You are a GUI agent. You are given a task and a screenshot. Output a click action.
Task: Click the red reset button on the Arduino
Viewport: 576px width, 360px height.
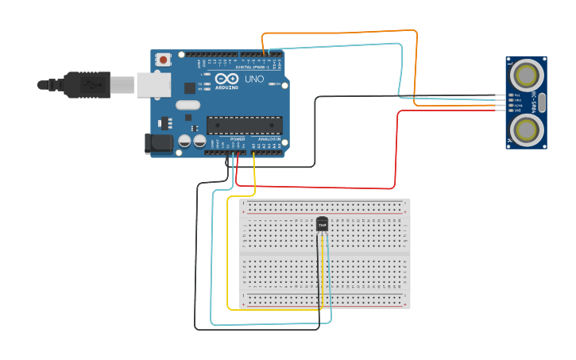[164, 60]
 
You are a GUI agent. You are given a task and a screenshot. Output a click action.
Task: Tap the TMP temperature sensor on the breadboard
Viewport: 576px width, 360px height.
[322, 225]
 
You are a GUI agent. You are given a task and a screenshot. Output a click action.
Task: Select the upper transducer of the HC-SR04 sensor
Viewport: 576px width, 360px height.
[526, 75]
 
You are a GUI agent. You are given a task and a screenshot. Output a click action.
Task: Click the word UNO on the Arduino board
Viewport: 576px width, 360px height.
[253, 79]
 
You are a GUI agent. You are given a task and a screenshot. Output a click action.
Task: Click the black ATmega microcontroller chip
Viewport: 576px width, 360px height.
[244, 125]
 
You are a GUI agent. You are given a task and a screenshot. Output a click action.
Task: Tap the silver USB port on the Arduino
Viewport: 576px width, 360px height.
[153, 84]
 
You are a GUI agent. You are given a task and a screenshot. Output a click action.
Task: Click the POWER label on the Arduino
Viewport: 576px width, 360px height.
[238, 139]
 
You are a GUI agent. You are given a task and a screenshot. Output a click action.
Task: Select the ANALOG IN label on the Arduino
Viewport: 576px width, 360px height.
[269, 139]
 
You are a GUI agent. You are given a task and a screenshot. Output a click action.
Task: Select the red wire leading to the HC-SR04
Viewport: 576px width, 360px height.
[395, 151]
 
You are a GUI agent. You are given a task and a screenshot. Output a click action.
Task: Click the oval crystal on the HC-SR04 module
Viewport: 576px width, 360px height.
[543, 101]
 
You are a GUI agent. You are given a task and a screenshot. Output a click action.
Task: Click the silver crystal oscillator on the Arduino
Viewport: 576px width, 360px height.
[187, 105]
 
